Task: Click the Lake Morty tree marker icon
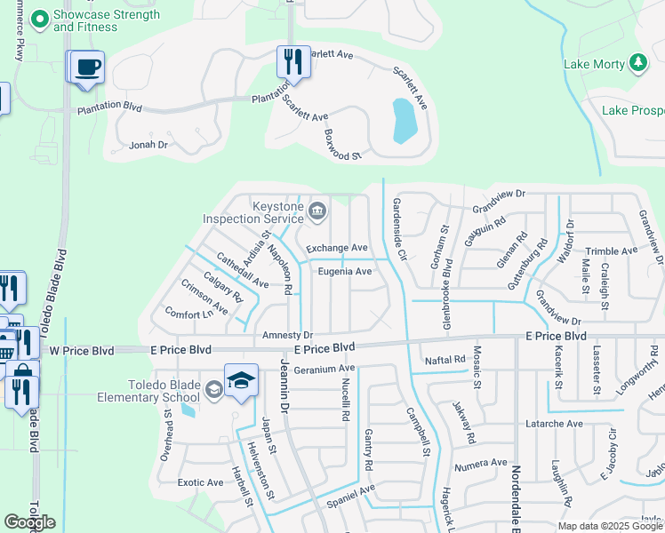click(637, 63)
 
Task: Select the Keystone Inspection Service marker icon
click(318, 211)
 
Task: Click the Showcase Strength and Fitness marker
click(39, 18)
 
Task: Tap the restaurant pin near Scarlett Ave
click(293, 61)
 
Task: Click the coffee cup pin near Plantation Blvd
click(87, 68)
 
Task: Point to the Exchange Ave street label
click(337, 248)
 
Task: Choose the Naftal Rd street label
click(445, 360)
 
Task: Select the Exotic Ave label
click(200, 482)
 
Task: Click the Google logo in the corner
click(29, 522)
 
